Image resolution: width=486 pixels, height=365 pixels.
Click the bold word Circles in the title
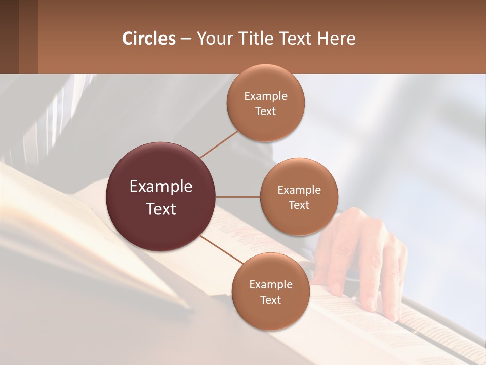tap(149, 39)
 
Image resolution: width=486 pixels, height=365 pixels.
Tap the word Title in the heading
tap(257, 39)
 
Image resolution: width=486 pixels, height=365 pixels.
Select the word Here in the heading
tap(336, 39)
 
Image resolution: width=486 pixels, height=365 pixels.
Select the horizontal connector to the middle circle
tap(238, 197)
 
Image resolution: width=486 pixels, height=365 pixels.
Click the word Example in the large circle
tap(161, 187)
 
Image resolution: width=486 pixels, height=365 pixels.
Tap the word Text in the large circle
tap(161, 208)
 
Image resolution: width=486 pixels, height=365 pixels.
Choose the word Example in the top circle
tap(265, 96)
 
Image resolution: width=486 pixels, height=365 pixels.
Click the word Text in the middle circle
tap(299, 205)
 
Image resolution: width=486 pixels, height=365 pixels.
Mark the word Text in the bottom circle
tap(270, 300)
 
